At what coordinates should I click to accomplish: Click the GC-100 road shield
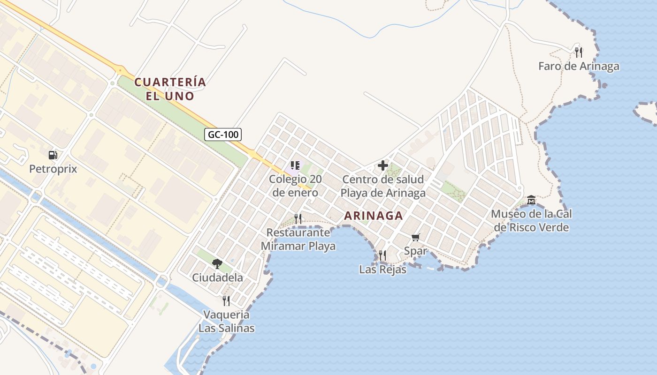223,135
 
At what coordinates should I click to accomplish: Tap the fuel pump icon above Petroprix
53,155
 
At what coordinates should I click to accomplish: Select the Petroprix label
53,168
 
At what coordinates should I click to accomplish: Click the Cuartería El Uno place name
170,89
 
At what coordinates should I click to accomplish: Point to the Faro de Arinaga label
579,66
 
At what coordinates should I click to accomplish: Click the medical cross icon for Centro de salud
382,165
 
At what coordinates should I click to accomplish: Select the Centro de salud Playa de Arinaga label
383,186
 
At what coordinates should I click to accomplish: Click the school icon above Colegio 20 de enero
295,165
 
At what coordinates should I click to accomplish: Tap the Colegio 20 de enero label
295,186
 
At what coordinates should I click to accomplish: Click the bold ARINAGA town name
373,216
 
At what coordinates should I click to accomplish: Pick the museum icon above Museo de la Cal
531,200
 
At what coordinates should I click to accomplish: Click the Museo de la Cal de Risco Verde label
531,221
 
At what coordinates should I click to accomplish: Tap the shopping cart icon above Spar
415,237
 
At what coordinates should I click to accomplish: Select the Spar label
415,251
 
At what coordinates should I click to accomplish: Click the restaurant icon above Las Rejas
382,255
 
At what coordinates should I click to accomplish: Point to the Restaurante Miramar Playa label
298,239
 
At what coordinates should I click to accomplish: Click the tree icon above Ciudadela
217,263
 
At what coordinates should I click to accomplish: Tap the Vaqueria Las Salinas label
226,321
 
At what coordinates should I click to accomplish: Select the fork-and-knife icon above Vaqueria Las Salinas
226,300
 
